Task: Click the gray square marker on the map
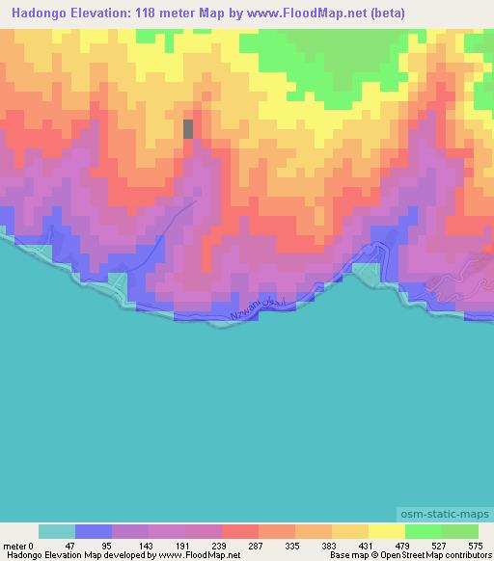tap(188, 129)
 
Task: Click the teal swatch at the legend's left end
tap(56, 531)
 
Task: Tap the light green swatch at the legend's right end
tap(459, 531)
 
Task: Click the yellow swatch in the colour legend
tap(386, 531)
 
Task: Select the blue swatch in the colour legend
tap(93, 531)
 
